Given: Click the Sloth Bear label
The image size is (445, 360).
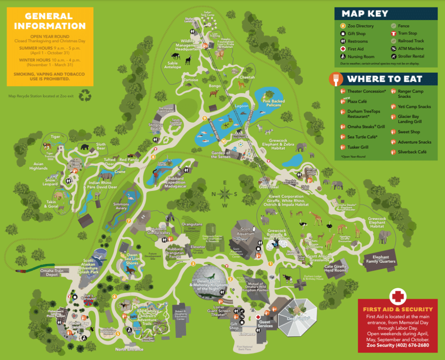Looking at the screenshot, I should [101, 147].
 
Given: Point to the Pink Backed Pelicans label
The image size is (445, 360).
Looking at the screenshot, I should [272, 103].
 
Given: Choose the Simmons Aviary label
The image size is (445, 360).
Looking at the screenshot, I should [121, 206].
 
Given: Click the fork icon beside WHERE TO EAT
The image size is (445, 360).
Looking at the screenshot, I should [337, 80].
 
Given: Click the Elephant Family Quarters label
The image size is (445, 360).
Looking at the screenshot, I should [381, 259].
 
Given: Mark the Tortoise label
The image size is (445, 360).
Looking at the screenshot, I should [190, 80].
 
